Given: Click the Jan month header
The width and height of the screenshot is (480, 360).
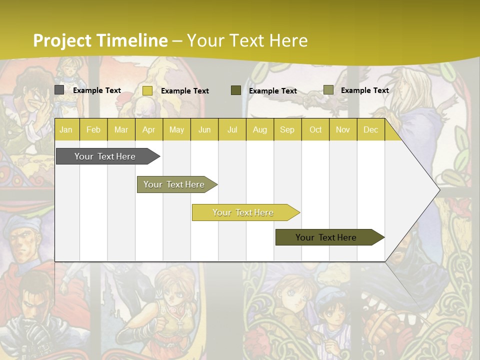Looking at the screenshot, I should tap(66, 129).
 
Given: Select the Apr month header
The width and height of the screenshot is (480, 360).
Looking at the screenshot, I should tap(148, 129).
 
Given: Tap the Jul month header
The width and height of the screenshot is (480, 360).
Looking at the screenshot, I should tap(232, 129).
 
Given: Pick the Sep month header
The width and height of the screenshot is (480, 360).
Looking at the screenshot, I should tap(287, 129).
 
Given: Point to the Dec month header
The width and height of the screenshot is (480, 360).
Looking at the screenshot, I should tap(370, 129).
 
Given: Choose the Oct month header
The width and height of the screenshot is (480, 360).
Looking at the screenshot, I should tap(315, 129).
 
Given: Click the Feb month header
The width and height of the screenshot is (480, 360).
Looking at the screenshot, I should tap(93, 129).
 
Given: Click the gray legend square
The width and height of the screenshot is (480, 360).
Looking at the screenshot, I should tap(59, 90).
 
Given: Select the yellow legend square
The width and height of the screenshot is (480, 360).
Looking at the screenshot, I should tap(147, 90).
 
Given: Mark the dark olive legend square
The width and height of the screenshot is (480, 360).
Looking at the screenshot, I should tap(236, 90).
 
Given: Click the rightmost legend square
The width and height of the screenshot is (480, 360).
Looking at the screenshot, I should tap(328, 90).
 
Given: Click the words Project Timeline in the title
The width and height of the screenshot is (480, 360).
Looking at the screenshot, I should tap(100, 40).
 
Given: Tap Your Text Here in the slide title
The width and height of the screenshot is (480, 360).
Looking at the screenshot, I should tap(247, 40).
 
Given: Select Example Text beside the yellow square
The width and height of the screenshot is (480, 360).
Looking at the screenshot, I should tap(185, 91).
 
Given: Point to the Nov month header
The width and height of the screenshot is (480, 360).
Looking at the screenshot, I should tap(343, 129).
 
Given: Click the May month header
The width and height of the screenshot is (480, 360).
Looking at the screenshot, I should tap(176, 129).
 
